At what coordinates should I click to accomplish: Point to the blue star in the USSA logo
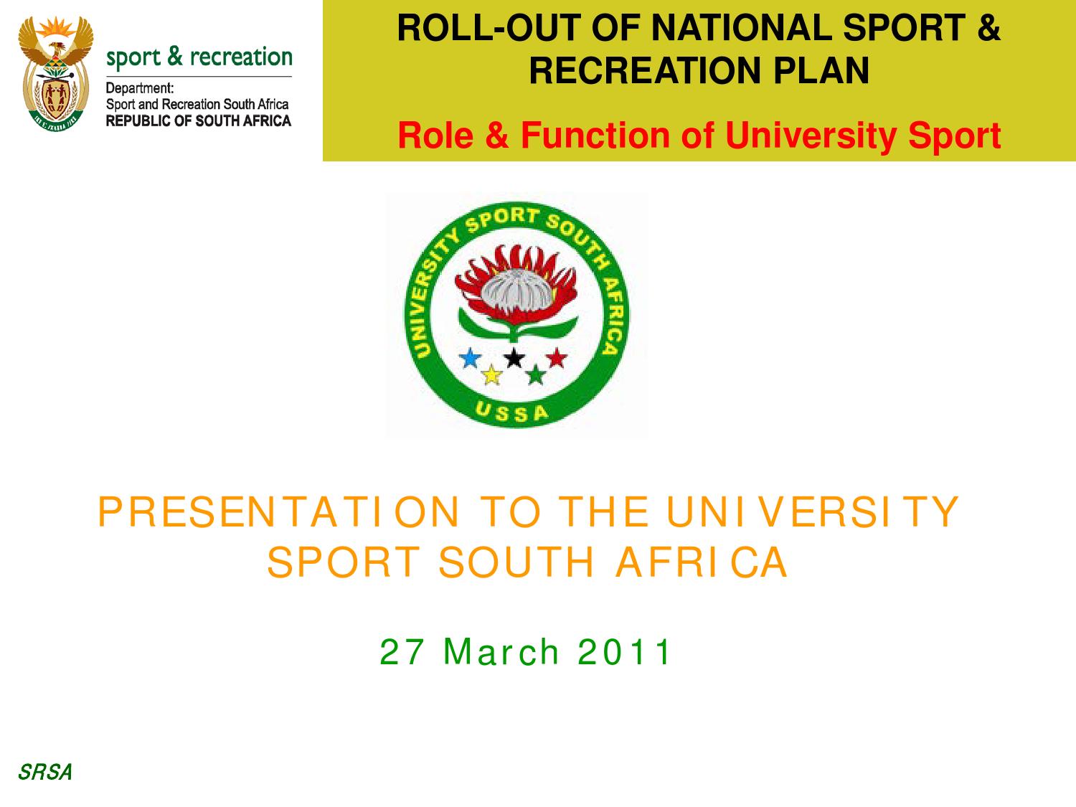[x=471, y=358]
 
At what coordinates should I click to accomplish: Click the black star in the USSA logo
[x=514, y=357]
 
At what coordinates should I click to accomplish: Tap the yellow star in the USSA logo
[x=491, y=374]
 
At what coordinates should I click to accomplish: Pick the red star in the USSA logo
[x=557, y=357]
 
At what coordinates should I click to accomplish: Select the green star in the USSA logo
[x=535, y=374]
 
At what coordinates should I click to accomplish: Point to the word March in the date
[x=501, y=652]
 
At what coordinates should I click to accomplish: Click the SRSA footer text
[x=44, y=773]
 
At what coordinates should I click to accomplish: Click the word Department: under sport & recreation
[x=140, y=89]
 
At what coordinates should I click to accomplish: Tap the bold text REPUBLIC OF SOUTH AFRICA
[x=199, y=121]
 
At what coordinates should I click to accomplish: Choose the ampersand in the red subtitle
[x=496, y=136]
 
